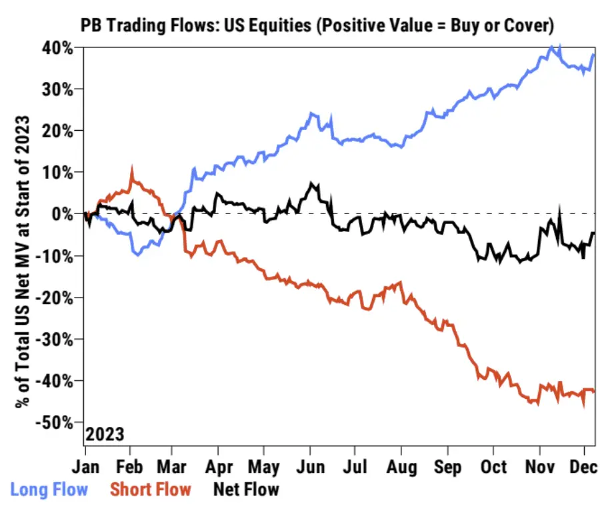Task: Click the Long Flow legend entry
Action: coord(49,489)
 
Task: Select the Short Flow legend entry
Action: coord(151,489)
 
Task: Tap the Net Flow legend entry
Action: coord(246,489)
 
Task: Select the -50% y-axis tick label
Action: coord(53,422)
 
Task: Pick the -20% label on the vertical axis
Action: coord(53,297)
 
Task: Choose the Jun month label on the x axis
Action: coord(311,466)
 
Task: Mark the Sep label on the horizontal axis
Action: coord(448,466)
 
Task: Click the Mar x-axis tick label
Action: coord(175,466)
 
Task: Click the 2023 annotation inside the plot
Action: coord(105,434)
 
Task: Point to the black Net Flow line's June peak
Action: coord(311,183)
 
